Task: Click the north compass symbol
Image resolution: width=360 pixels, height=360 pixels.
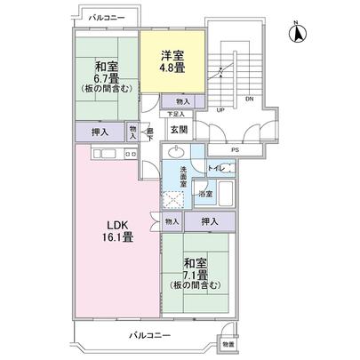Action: click(x=298, y=33)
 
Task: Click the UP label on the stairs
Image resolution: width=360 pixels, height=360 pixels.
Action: click(x=220, y=110)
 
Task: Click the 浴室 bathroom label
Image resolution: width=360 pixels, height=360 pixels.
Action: click(x=205, y=193)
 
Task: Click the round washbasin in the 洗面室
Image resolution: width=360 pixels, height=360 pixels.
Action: click(x=176, y=151)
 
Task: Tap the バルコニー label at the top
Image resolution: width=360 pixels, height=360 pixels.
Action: click(x=106, y=18)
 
